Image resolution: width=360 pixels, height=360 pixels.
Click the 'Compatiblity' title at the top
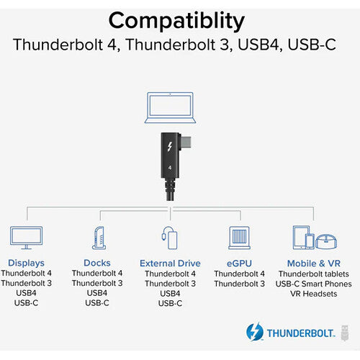pos(176,22)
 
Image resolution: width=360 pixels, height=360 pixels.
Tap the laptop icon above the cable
pos(170,107)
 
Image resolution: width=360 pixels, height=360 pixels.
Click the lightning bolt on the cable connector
pos(170,147)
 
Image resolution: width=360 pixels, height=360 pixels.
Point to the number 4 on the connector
pos(170,168)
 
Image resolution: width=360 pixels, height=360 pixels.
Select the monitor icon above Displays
pos(27,238)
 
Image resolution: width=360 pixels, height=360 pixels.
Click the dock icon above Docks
pos(99,238)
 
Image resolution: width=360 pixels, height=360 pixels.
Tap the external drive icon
pos(169,238)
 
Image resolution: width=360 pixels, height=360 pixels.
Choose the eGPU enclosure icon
pos(239,238)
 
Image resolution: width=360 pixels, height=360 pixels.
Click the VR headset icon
pos(326,241)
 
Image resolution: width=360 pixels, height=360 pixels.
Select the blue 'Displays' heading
pos(26,263)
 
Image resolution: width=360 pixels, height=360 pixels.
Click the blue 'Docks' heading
pos(97,263)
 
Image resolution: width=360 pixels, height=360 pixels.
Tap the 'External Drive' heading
pos(170,264)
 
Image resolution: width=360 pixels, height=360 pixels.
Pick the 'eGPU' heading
pos(239,264)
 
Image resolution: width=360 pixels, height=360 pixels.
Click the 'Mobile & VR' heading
pos(314,264)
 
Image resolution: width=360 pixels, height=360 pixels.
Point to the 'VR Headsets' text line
pos(314,294)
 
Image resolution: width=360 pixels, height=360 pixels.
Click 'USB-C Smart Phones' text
pos(314,284)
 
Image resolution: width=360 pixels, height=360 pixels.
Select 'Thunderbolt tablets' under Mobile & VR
pos(314,274)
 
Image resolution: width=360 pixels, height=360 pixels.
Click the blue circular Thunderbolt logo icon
pos(255,332)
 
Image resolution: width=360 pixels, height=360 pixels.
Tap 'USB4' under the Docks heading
pos(97,293)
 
